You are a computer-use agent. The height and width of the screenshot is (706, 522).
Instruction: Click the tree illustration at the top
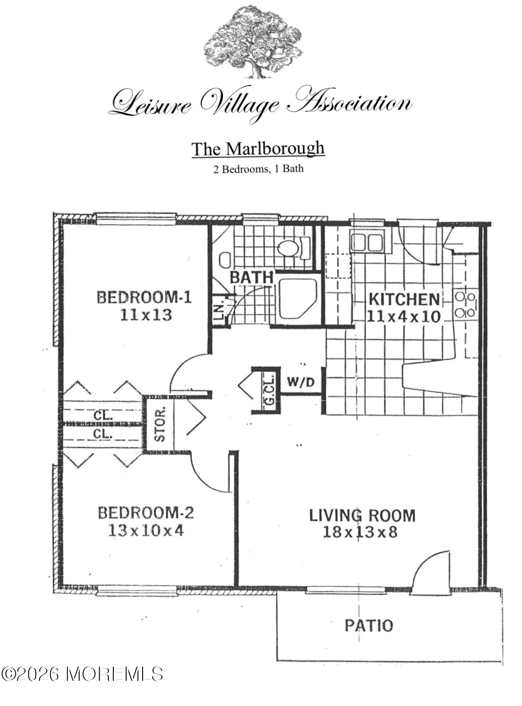click(253, 43)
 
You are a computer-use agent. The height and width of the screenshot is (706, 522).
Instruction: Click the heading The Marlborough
click(258, 149)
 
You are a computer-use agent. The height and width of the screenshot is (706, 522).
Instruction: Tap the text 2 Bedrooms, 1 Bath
click(258, 169)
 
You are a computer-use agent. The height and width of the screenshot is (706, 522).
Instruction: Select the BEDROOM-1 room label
click(144, 297)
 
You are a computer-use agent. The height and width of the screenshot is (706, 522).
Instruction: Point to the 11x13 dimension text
click(146, 315)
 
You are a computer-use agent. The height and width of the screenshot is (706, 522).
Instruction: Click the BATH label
click(251, 277)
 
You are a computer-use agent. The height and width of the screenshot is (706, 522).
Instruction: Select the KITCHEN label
click(404, 300)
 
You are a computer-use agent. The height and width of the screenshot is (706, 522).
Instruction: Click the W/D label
click(301, 382)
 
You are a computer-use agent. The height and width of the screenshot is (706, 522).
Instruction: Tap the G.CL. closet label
click(270, 393)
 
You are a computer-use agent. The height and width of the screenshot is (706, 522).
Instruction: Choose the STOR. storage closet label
click(160, 424)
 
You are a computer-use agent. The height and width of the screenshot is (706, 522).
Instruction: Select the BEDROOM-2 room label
click(146, 513)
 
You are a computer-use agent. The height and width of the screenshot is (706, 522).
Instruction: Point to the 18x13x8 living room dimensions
click(360, 532)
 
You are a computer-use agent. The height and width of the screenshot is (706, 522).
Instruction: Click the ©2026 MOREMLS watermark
click(82, 674)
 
